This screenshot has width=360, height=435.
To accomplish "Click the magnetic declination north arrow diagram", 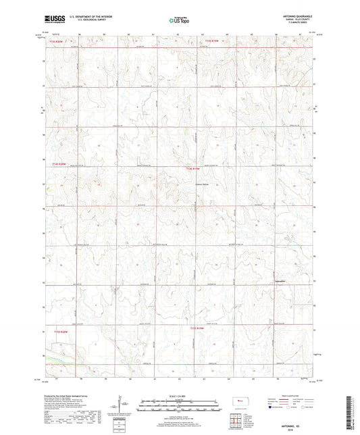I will click(x=124, y=402).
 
